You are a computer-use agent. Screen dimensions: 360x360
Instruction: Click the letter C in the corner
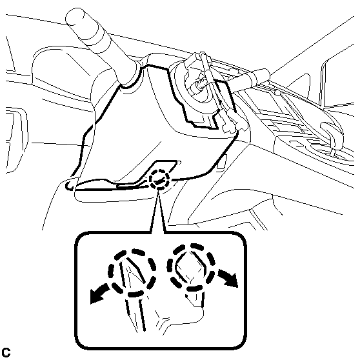pos(6,352)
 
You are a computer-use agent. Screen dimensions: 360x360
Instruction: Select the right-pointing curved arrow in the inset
pos(228,278)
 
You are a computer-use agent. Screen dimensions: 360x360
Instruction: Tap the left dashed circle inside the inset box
pos(132,272)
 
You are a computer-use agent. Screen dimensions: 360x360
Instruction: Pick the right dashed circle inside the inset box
pos(191,267)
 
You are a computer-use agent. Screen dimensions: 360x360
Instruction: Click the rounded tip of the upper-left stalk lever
pos(75,17)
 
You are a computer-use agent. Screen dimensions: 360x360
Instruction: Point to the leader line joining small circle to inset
pos(157,210)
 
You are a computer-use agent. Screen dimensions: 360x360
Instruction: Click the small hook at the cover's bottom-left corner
pos(70,184)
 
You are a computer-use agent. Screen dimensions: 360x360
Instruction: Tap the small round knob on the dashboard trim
pos(277,93)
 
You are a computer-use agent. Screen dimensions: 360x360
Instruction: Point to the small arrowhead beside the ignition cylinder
pos(221,101)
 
